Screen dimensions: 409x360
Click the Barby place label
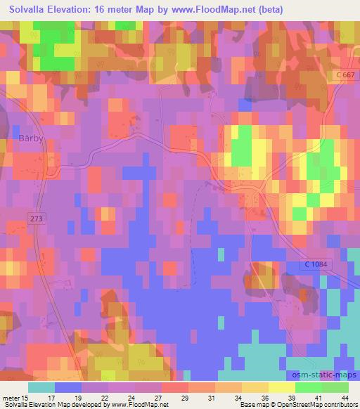click(32, 138)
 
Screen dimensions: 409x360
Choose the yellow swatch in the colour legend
click(281, 388)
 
